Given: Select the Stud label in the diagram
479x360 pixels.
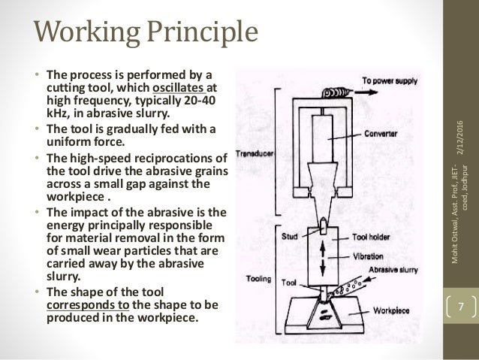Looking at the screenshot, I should click(291, 234).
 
